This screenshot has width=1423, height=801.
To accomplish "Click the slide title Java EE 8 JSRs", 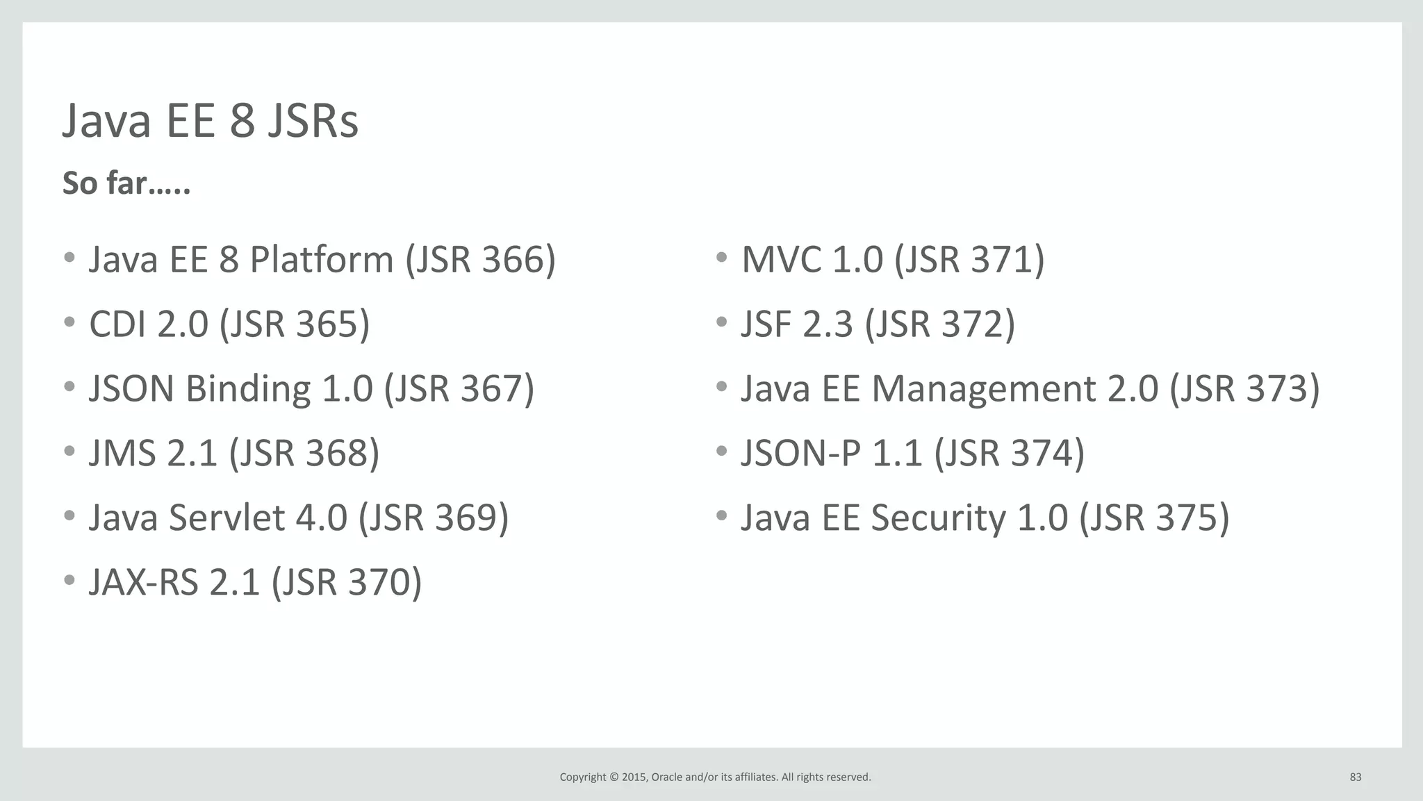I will click(x=210, y=121).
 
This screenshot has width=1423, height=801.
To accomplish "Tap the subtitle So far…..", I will click(x=126, y=183).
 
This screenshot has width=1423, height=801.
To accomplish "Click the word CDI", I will click(x=117, y=324).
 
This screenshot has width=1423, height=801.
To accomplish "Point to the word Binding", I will click(x=247, y=389).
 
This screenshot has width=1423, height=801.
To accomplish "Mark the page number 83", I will click(x=1355, y=777).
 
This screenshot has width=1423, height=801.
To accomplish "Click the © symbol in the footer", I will click(x=614, y=777).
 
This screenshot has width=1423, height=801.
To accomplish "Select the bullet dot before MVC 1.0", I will click(x=721, y=258).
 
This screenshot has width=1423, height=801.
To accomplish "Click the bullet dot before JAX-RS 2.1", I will click(x=69, y=580).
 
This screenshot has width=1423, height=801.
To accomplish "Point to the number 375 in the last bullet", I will click(x=1186, y=518).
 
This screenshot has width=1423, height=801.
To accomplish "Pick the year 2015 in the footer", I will click(x=634, y=777).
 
